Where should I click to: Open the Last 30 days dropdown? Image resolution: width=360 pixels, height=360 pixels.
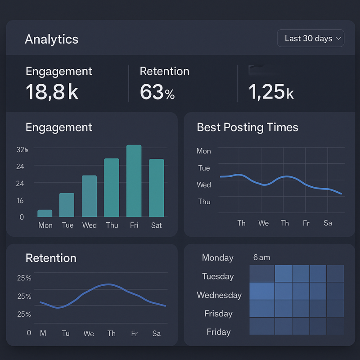tap(310, 39)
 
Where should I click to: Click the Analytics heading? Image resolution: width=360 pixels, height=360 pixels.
tap(51, 39)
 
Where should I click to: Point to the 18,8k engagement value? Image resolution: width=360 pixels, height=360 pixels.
tap(52, 92)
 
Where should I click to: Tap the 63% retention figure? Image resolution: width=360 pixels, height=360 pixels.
tap(157, 92)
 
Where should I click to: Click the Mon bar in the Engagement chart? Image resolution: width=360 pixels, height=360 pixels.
tap(45, 213)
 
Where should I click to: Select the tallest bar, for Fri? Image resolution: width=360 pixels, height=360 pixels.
tap(134, 181)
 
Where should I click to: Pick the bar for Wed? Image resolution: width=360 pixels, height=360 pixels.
tap(89, 196)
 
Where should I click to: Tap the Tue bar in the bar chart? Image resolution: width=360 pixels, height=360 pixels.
tap(67, 205)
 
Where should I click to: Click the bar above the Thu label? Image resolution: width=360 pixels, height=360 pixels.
tap(112, 188)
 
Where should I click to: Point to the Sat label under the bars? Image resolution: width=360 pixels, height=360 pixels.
tap(156, 225)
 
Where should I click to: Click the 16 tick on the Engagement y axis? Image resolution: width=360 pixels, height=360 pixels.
tap(20, 200)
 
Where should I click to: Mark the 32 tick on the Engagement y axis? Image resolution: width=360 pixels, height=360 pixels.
tap(22, 150)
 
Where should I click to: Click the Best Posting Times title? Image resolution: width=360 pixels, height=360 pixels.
tap(247, 127)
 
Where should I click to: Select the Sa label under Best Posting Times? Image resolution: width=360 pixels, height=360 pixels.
tap(328, 223)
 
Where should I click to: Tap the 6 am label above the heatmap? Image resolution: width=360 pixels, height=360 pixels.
tap(261, 257)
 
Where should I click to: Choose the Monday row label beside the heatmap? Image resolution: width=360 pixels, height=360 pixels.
tap(218, 258)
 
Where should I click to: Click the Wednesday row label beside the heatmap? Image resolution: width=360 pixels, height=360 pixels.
tap(219, 295)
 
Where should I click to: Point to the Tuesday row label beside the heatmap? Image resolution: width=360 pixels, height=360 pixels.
tap(218, 276)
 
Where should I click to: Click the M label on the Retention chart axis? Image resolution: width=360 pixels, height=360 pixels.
tap(43, 333)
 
